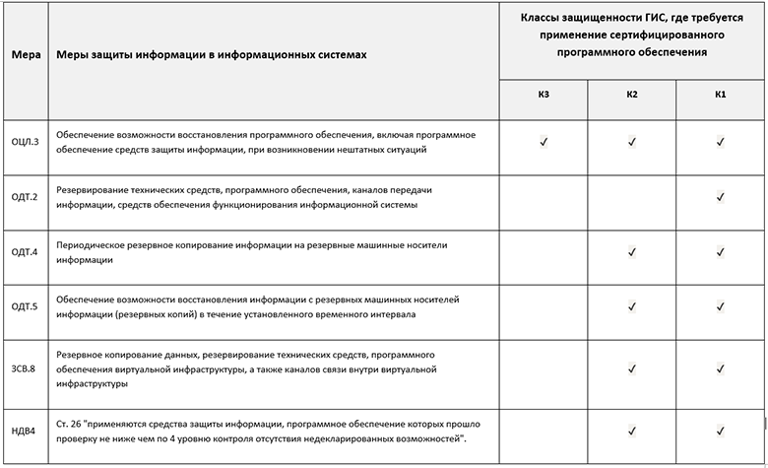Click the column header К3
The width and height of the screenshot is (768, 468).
tap(544, 95)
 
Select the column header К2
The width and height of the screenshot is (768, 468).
tap(632, 95)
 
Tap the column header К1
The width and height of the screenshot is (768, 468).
tap(721, 95)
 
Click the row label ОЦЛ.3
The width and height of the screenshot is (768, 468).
tap(25, 142)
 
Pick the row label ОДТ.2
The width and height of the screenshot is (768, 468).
tap(25, 197)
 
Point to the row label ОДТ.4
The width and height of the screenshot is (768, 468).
tap(25, 253)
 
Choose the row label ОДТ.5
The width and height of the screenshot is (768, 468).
tap(25, 306)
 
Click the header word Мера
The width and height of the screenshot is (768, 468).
tap(26, 54)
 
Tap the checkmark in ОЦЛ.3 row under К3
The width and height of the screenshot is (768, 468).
tap(544, 142)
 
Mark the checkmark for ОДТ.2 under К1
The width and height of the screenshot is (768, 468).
tap(721, 197)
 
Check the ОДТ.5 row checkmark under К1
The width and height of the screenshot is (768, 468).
tap(721, 307)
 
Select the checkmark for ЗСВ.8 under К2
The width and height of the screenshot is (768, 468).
tap(632, 368)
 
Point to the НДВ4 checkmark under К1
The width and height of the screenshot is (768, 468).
tap(721, 430)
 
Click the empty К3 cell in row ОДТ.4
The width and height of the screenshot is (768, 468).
tap(544, 253)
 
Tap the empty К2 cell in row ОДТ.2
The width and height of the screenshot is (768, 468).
tap(632, 197)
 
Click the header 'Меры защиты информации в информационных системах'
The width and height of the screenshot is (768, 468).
tap(212, 54)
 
